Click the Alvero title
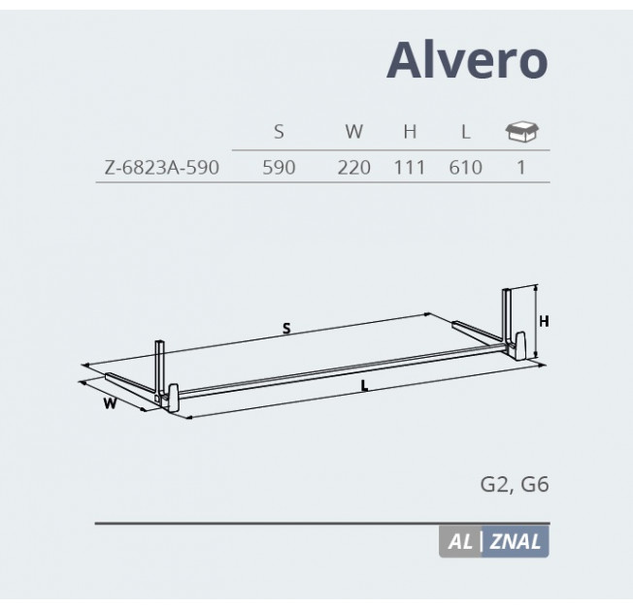tap(467, 60)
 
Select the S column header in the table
tap(279, 132)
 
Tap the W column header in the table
tap(354, 132)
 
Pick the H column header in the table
tap(410, 132)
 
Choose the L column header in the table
tap(466, 132)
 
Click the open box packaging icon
tap(522, 132)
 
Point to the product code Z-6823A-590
tap(161, 168)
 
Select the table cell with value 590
tap(279, 168)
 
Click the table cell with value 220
tap(354, 168)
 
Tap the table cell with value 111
tap(410, 168)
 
